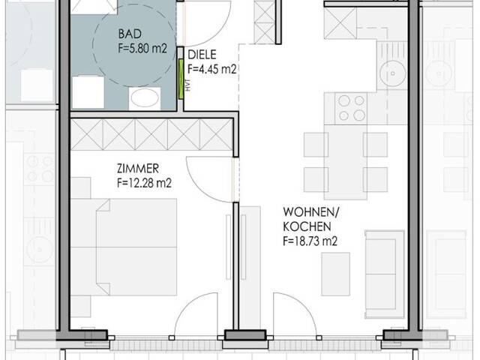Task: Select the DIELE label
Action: [202, 55]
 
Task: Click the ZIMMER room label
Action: [139, 168]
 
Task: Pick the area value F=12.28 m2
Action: [150, 182]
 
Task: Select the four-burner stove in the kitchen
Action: [351, 106]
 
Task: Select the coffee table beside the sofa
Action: [335, 273]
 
